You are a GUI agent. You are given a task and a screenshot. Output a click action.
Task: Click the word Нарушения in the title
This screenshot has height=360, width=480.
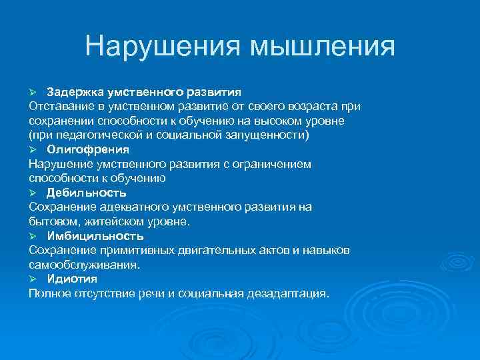pos(162,47)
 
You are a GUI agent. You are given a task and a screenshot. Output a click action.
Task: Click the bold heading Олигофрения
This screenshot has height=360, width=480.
pos(88,149)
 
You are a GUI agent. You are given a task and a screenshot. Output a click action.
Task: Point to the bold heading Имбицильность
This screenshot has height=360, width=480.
pos(95,236)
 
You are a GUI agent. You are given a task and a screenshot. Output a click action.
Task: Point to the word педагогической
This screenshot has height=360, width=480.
pos(86,135)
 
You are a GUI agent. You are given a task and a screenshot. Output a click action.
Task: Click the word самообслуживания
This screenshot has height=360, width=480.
pos(84,265)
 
